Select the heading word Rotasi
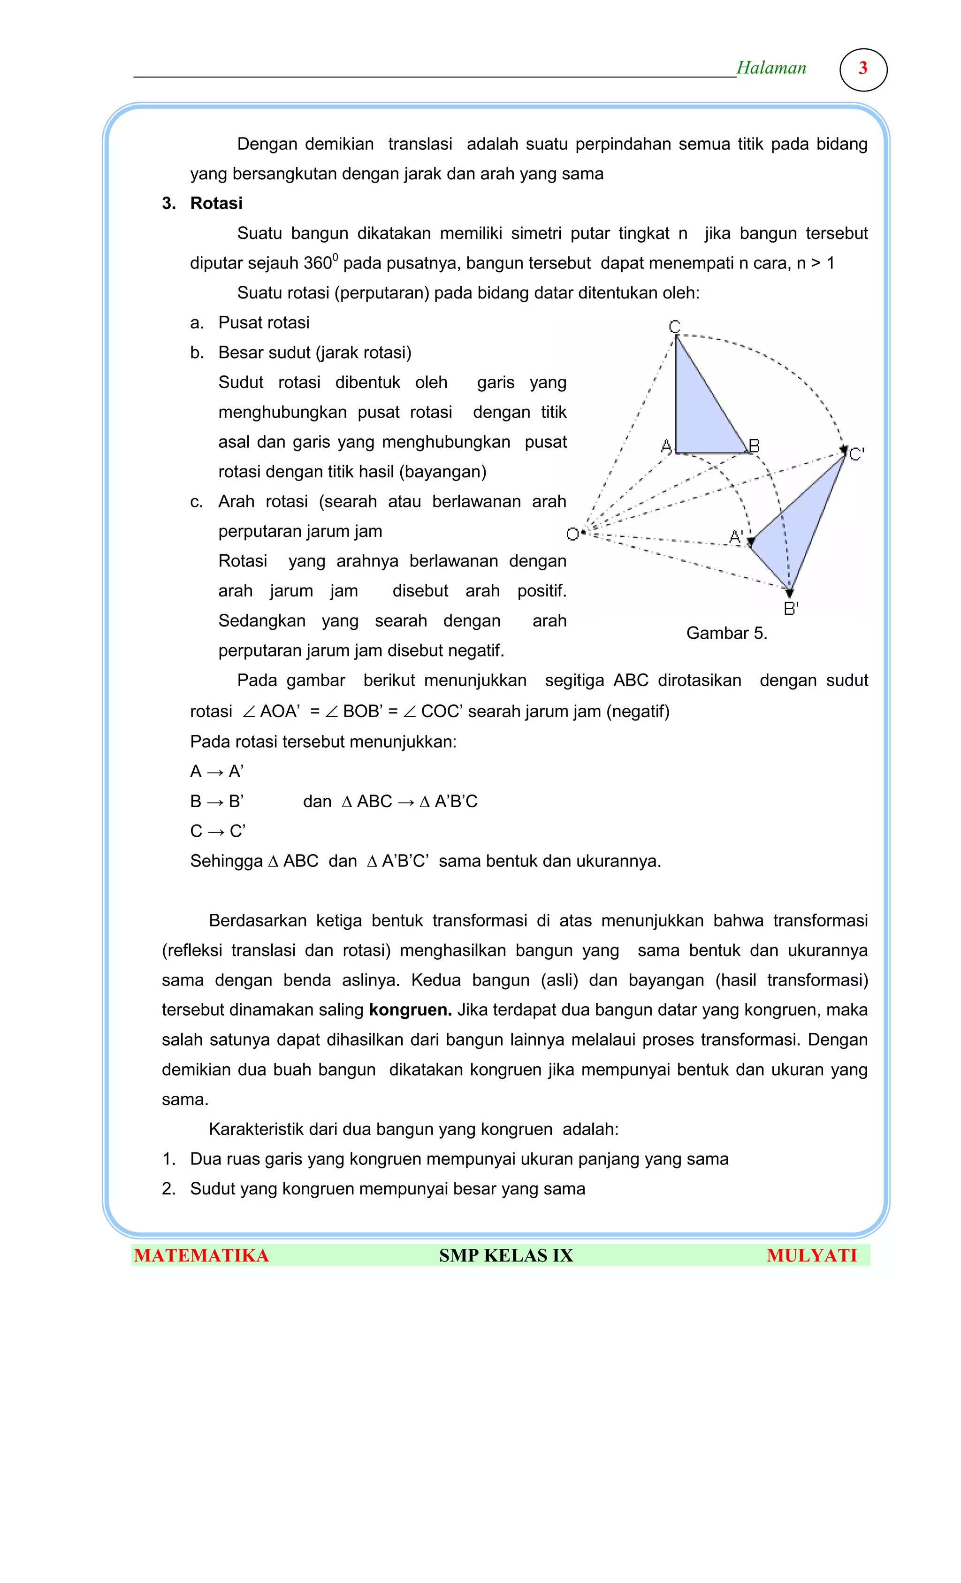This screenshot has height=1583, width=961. pyautogui.click(x=216, y=203)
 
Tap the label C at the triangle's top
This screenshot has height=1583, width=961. pyautogui.click(x=674, y=326)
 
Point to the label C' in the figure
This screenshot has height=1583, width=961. pyautogui.click(x=856, y=454)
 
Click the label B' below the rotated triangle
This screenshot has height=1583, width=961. pyautogui.click(x=790, y=608)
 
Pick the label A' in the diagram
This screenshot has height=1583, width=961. pyautogui.click(x=735, y=536)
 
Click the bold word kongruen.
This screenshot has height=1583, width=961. pyautogui.click(x=409, y=1009)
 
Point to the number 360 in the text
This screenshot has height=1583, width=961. pyautogui.click(x=317, y=263)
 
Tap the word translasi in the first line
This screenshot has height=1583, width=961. pyautogui.click(x=419, y=144)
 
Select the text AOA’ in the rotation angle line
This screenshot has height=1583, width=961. pyautogui.click(x=280, y=711)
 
